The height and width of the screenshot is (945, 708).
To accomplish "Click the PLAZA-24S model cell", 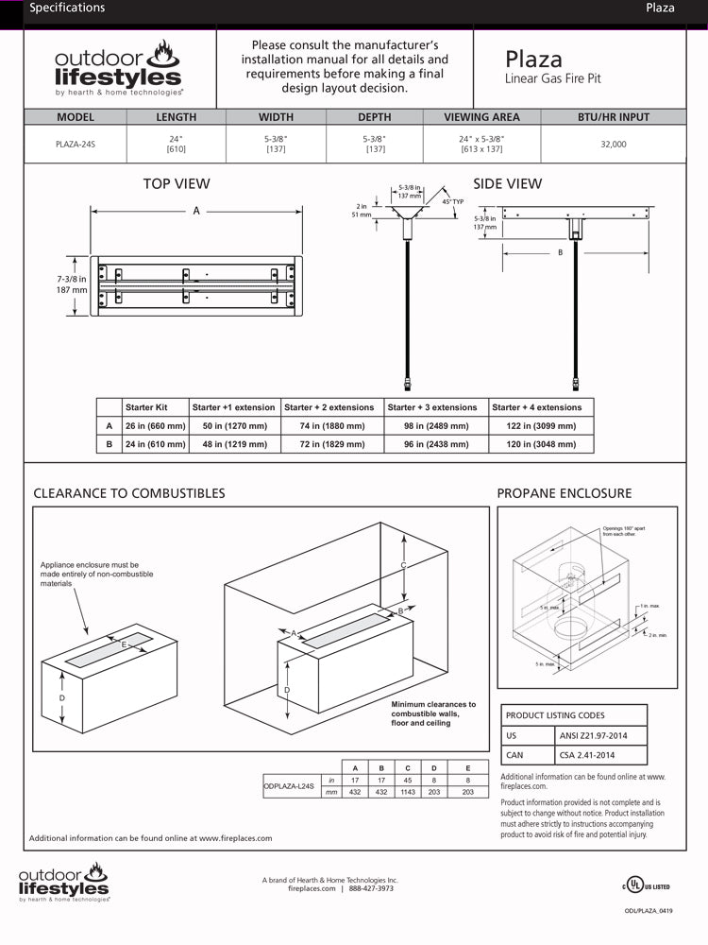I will (x=76, y=144).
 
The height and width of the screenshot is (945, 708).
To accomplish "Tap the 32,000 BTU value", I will (x=613, y=145).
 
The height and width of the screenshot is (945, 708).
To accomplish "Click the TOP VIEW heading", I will (x=177, y=183).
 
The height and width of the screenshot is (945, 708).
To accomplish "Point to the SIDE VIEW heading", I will (x=507, y=183).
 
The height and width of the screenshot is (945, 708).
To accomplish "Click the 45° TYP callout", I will (x=452, y=201).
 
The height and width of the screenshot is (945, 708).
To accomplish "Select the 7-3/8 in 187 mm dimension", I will (x=71, y=284).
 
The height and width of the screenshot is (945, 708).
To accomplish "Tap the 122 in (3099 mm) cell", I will (x=536, y=426).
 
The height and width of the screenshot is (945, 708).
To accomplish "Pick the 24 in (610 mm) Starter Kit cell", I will (x=155, y=444).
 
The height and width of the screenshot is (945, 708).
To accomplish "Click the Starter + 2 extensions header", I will (x=329, y=407).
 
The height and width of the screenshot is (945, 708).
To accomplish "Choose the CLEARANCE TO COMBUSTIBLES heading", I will (x=129, y=493).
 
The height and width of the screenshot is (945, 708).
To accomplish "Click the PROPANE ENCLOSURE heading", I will (x=565, y=493).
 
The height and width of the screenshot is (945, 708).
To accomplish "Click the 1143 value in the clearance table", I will (x=406, y=792).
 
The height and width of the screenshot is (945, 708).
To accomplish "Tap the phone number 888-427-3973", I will (x=371, y=889).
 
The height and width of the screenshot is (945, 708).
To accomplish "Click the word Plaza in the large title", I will (x=533, y=60).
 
